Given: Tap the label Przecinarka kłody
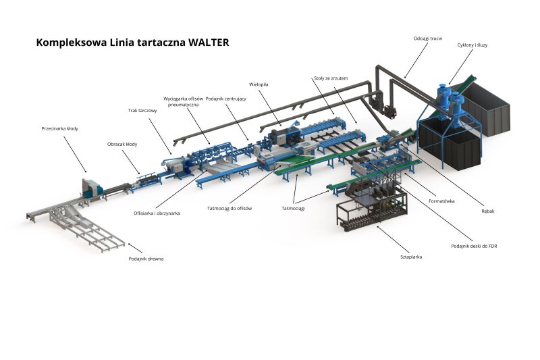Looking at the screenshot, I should pyautogui.click(x=59, y=128).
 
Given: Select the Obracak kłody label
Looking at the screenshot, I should pyautogui.click(x=122, y=144).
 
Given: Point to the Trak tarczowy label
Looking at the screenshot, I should pyautogui.click(x=142, y=110).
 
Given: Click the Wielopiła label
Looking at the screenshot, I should pyautogui.click(x=259, y=84).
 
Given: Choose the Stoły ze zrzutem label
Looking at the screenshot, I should pyautogui.click(x=331, y=78).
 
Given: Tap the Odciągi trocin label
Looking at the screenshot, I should pyautogui.click(x=427, y=38).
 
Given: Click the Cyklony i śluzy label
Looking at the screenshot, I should pyautogui.click(x=473, y=45).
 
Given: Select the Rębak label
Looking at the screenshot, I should pyautogui.click(x=488, y=211).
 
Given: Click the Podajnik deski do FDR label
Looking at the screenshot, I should pyautogui.click(x=474, y=246).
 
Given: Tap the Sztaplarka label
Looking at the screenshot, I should pyautogui.click(x=411, y=257).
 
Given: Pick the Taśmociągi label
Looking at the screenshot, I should pyautogui.click(x=293, y=208).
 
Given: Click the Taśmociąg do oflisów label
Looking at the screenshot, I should pyautogui.click(x=230, y=208).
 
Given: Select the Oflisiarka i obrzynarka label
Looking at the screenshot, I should pyautogui.click(x=157, y=213).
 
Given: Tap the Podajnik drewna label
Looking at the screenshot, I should pyautogui.click(x=146, y=259).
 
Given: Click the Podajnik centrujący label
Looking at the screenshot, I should pyautogui.click(x=226, y=99).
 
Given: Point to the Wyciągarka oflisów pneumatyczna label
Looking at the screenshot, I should pyautogui.click(x=184, y=102).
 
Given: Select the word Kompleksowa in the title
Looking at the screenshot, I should pyautogui.click(x=70, y=42).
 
